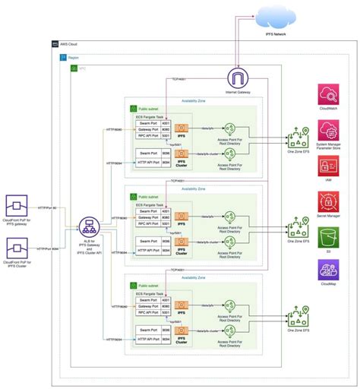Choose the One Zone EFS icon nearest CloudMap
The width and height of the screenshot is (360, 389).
[296, 313]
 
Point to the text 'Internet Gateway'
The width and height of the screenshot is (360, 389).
[238, 93]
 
